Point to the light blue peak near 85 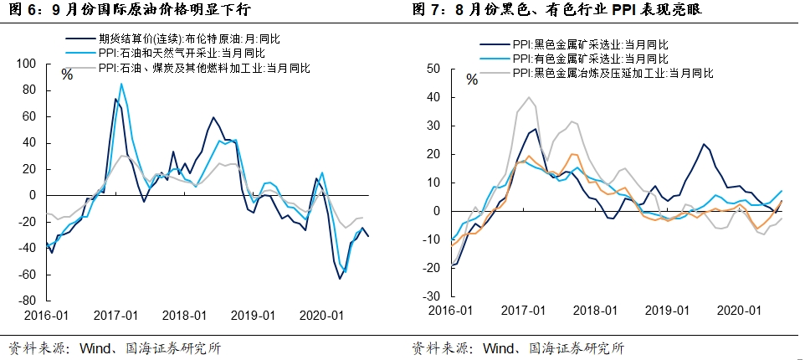coord(121,84)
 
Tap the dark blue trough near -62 coord(340,278)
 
